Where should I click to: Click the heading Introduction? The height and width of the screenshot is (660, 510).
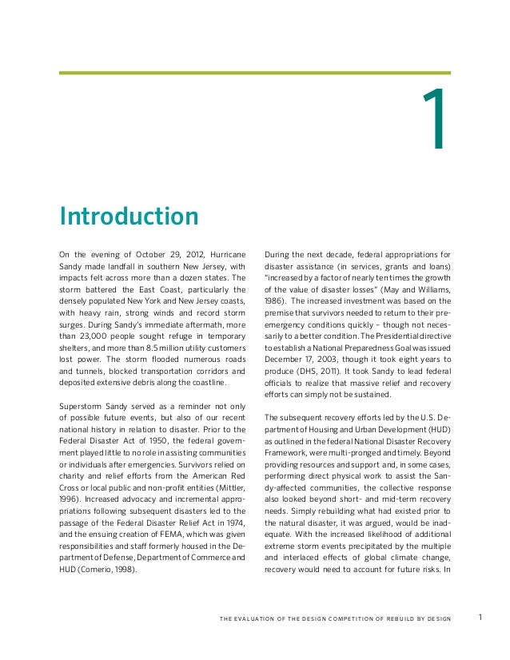[129, 216]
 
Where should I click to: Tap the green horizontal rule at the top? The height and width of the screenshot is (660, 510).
[255, 73]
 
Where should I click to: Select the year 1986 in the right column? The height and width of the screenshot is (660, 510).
[275, 301]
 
